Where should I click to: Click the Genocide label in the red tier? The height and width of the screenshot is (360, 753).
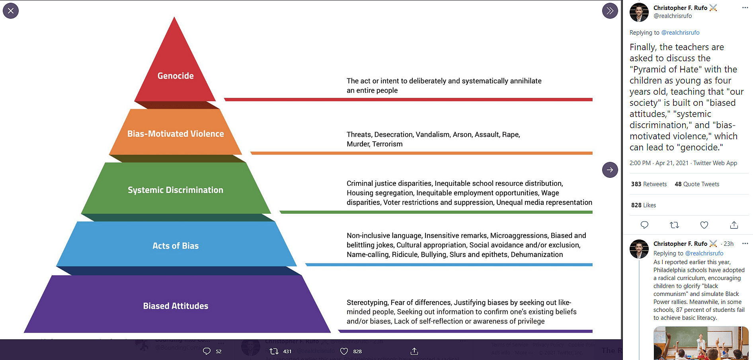[176, 76]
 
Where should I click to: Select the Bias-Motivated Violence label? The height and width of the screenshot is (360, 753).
[176, 134]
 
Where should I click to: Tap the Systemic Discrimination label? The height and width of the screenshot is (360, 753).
[176, 190]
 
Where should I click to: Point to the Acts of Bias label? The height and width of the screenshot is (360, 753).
[176, 246]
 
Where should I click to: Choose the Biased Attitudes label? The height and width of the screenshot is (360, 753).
[176, 306]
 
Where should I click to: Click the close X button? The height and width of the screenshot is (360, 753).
[11, 11]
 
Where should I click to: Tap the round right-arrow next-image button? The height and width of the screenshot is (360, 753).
[610, 170]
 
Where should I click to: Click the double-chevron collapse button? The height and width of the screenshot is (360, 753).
[610, 11]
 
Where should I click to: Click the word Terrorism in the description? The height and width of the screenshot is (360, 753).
[388, 144]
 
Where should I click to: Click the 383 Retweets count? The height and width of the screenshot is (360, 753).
[649, 184]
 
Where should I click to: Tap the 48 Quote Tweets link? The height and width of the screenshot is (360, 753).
[697, 184]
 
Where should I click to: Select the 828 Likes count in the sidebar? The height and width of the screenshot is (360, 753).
[644, 205]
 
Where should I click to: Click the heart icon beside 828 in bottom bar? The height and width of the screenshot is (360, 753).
[344, 351]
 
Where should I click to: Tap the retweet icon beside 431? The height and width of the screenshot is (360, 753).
[274, 351]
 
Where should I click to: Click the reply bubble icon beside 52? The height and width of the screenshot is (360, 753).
[207, 351]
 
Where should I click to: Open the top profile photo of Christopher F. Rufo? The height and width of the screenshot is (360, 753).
[639, 12]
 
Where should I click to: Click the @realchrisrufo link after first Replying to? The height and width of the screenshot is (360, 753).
[680, 33]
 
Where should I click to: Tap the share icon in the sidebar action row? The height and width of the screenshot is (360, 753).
[734, 225]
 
